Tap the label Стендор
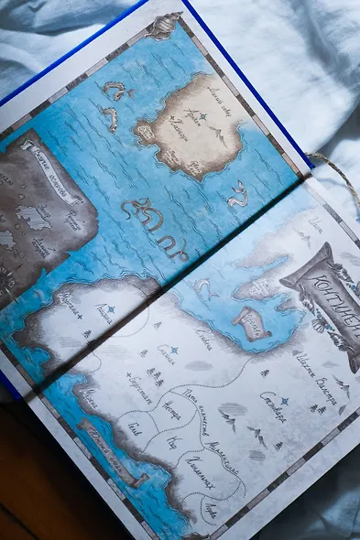click(273, 407)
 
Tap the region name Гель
click(136, 427)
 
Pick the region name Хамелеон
click(201, 472)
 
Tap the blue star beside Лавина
click(110, 309)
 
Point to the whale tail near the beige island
click(238, 194)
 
